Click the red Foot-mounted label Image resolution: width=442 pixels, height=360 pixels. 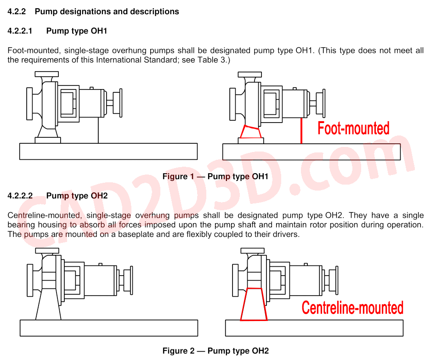[x=353, y=128]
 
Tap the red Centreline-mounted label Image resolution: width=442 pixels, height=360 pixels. [x=352, y=308]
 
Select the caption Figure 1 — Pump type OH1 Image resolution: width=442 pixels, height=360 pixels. [x=215, y=176]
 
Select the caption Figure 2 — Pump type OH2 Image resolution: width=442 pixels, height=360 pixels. [x=215, y=351]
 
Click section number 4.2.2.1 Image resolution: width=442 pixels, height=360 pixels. [x=20, y=31]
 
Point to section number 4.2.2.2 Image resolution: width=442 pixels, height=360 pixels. [x=20, y=196]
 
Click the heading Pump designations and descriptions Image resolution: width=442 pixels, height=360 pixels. [x=107, y=11]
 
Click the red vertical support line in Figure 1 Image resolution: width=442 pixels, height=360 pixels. [x=301, y=131]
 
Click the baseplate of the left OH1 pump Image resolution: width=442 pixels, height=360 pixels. [x=108, y=152]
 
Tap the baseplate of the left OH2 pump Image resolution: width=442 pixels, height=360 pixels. [x=109, y=328]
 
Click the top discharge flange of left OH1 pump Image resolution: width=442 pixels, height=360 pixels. [x=47, y=74]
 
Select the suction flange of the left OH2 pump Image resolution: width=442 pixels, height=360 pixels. [x=30, y=280]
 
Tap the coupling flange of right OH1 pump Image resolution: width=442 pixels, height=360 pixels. [x=324, y=103]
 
